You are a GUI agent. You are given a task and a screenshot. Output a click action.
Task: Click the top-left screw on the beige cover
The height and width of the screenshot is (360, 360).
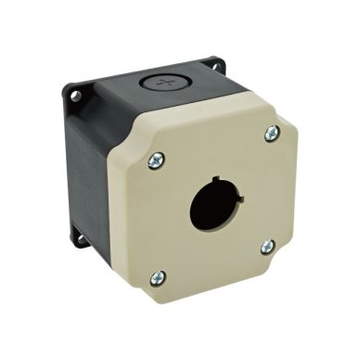(155, 161)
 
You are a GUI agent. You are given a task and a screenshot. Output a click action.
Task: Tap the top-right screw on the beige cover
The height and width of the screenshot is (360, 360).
(271, 134)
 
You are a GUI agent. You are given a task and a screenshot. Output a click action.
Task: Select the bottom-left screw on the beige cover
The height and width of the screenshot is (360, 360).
(158, 276)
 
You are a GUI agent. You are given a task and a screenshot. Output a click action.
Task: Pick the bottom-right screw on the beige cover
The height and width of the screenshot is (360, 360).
(267, 246)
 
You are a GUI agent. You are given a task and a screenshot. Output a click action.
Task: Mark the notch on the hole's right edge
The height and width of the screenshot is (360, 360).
(239, 198)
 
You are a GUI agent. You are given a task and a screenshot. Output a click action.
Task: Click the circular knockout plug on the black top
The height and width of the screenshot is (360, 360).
(166, 83)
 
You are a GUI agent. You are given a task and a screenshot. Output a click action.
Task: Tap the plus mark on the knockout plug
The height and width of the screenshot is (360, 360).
(166, 83)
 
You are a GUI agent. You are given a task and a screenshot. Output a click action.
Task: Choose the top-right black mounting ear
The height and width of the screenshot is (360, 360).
(216, 65)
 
